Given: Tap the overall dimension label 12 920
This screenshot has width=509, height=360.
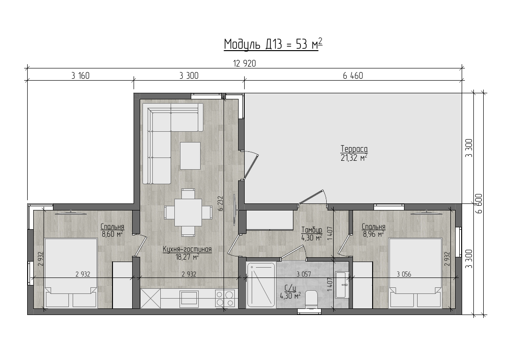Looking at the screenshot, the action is pos(245,64).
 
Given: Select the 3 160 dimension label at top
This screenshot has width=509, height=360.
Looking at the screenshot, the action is pos(80,76).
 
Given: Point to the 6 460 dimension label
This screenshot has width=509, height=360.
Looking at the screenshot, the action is pos(353,76).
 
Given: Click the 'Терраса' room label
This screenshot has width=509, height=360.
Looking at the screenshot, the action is pos(354,149).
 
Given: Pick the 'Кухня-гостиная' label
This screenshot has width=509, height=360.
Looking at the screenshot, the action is pos(187,249).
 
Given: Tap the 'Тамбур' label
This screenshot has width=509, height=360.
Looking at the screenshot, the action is pos(312,230).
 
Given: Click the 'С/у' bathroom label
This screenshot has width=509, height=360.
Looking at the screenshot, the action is pos(290,288).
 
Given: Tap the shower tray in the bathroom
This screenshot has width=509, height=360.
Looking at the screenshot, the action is pos(261,285).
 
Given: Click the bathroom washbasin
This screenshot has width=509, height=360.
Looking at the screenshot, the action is pos(341,285).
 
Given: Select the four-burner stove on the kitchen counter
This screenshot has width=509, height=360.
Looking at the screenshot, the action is pos(225,299).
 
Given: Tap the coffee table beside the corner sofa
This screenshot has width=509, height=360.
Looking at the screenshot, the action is pos(190,156).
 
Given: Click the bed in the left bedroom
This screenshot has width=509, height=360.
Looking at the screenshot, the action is pos(71,273).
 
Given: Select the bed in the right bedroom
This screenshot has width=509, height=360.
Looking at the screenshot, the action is pos(416,273).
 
